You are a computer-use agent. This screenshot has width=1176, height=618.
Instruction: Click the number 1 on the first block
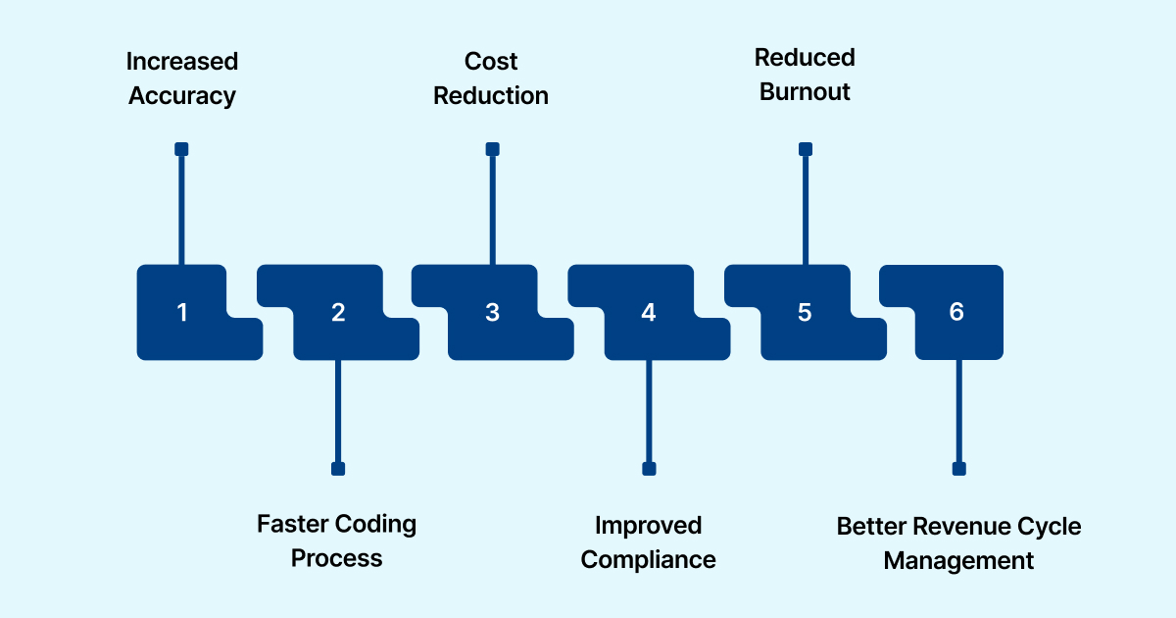(x=181, y=313)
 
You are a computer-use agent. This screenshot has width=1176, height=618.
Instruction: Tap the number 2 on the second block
(x=338, y=313)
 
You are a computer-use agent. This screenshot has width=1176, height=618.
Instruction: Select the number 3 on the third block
(x=492, y=313)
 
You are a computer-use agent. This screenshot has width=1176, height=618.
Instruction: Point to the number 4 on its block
(x=648, y=313)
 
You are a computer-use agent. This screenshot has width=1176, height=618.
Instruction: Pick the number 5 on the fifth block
(x=805, y=313)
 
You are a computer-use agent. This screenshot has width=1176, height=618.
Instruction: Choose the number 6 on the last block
(x=956, y=312)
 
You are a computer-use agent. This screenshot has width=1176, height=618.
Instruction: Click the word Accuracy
(x=182, y=96)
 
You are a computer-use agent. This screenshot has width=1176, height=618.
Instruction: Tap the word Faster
(x=291, y=524)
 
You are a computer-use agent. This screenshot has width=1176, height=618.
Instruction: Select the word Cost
(x=491, y=61)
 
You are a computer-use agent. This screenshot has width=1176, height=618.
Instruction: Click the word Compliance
(x=648, y=560)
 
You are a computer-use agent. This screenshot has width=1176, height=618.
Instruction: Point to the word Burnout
(x=805, y=93)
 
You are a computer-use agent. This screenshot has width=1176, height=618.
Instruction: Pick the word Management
(x=958, y=561)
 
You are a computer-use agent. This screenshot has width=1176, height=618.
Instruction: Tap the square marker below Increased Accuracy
(x=181, y=149)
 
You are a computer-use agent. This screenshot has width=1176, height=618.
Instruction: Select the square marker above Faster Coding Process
(x=338, y=469)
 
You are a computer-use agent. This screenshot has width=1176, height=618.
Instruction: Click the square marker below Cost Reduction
(x=492, y=149)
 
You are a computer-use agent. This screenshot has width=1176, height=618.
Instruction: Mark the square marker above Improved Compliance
(x=648, y=469)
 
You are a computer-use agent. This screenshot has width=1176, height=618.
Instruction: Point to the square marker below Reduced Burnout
(x=805, y=149)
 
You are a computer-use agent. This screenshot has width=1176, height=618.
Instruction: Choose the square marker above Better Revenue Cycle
(x=958, y=469)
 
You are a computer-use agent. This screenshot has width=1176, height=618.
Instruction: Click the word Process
(x=337, y=559)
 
